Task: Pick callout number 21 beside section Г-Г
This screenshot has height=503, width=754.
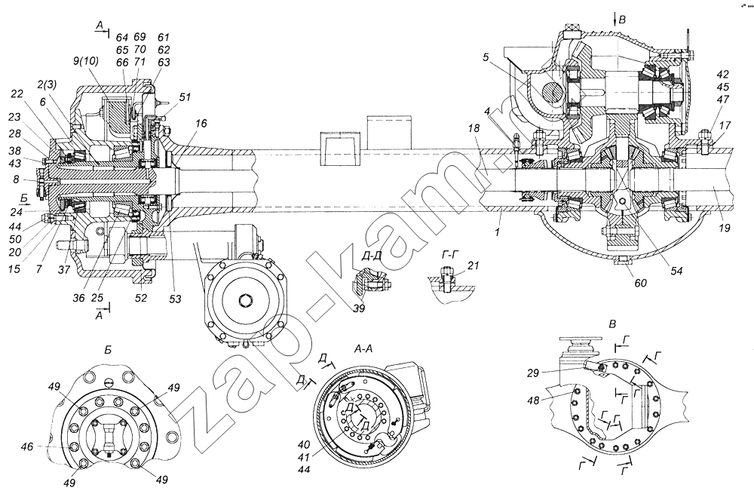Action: tap(473, 265)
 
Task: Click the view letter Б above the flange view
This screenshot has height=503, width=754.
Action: tap(109, 350)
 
